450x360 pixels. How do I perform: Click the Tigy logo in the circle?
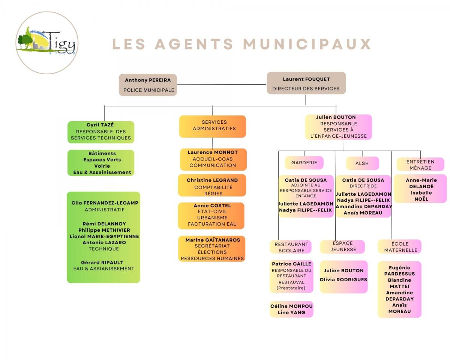pos(47,43)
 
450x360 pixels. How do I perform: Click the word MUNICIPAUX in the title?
pos(307,44)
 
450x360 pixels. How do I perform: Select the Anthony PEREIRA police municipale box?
pos(148,85)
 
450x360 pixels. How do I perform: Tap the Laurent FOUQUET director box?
pos(306,83)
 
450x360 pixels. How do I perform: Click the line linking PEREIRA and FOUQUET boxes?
pos(222,85)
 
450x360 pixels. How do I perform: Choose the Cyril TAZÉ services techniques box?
pos(101,132)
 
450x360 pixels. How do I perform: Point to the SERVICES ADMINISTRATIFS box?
pos(213,126)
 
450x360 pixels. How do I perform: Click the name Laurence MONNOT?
pos(213,152)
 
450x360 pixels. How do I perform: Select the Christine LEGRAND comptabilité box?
pos(212,185)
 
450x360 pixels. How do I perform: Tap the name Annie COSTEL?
pos(212,205)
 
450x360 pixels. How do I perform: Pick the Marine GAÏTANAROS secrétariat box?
pos(211,249)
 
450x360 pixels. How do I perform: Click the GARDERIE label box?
pos(304,162)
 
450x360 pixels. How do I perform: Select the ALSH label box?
pos(363,163)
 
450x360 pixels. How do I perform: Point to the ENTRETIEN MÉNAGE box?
pos(420,164)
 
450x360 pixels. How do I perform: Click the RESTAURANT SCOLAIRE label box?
pos(291,247)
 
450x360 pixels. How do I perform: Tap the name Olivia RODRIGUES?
pos(343,280)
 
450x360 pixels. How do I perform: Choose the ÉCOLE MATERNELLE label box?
pos(400,247)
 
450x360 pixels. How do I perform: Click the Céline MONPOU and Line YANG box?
pos(291,309)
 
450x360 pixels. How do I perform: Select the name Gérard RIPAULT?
pos(102,262)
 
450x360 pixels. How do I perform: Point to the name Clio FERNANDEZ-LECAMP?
pos(105,203)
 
